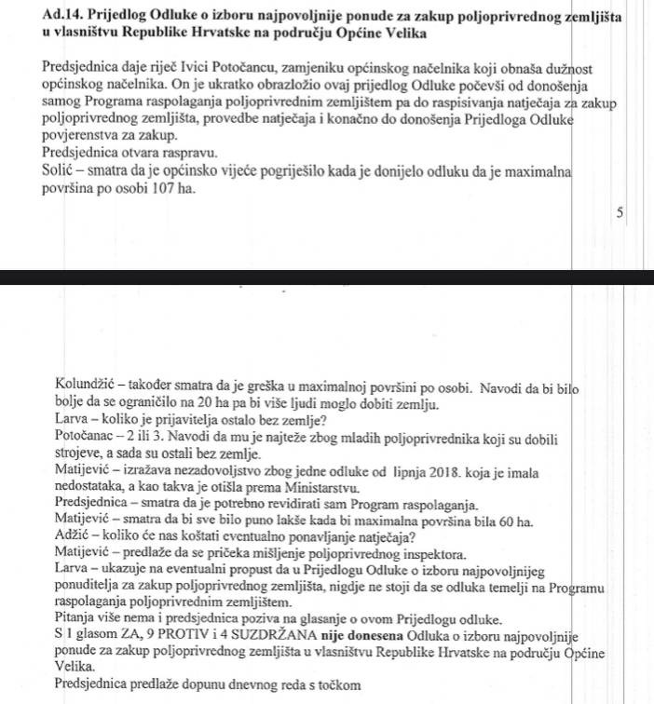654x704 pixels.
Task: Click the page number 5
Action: tap(620, 212)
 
